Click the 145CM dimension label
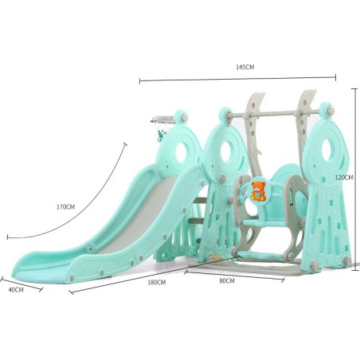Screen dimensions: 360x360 click(245, 67)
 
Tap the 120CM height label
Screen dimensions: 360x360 click(344, 178)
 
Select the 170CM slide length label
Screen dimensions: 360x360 click(65, 207)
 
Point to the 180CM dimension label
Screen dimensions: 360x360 click(157, 282)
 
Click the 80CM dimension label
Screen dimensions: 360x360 click(227, 280)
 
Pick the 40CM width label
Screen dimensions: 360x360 click(16, 289)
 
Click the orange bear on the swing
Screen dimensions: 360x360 click(258, 190)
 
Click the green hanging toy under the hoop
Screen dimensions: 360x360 click(161, 135)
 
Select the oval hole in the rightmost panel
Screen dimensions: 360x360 click(327, 151)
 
